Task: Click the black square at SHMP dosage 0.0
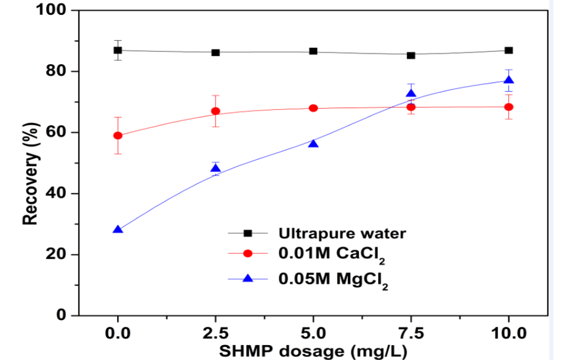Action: point(118,50)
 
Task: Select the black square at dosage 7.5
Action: point(411,55)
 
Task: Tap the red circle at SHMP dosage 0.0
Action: point(118,136)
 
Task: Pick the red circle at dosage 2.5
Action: point(216,111)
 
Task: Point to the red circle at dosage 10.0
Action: point(509,107)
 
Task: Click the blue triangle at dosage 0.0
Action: point(118,230)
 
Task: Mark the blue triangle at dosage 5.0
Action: point(313,144)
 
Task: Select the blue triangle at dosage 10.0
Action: point(509,80)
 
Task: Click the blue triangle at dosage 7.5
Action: point(411,93)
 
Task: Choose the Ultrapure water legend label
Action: point(342,233)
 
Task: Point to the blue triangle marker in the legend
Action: point(248,278)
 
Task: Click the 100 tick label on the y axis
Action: point(53,10)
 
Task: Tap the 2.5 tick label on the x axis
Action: point(216,334)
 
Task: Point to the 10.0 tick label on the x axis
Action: point(509,334)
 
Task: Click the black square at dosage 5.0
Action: point(313,51)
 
